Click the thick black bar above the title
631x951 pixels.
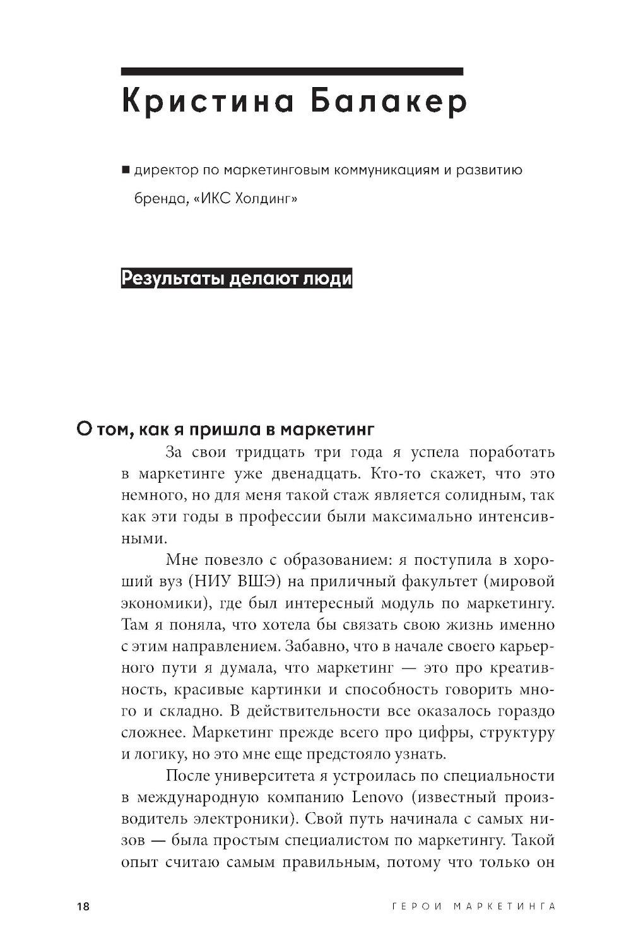pos(292,71)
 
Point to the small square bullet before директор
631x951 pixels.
pos(125,170)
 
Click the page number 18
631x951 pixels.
pos(83,907)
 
